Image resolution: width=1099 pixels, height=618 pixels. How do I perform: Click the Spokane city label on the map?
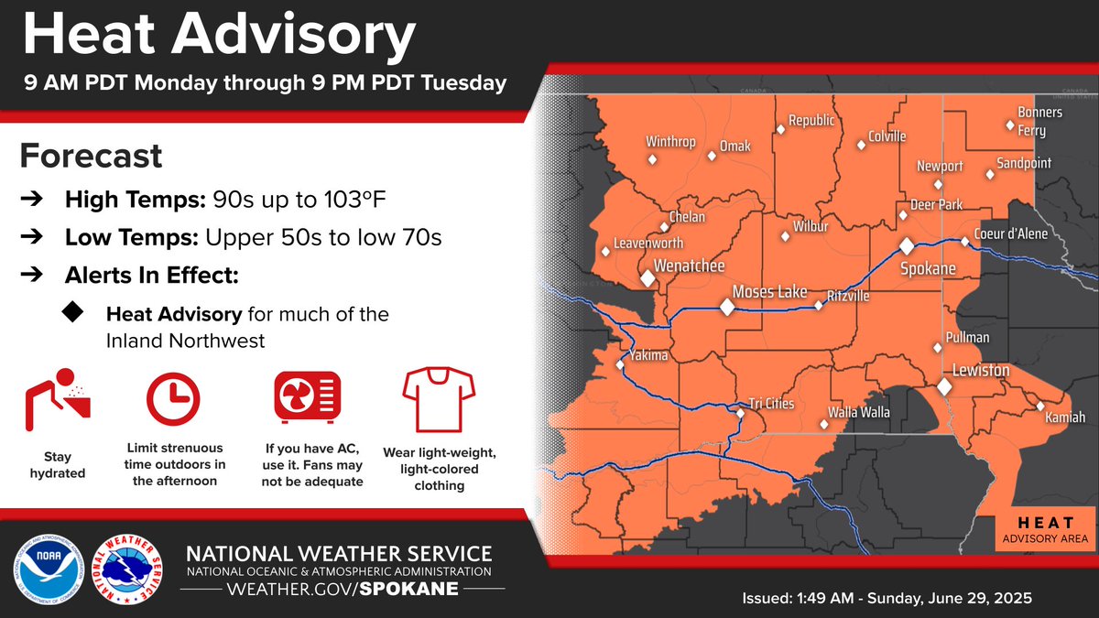tap(928, 269)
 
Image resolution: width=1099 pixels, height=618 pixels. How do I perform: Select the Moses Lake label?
tap(769, 292)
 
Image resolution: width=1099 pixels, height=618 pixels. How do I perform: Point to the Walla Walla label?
tap(858, 412)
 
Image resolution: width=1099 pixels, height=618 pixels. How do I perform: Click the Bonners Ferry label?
tap(1033, 121)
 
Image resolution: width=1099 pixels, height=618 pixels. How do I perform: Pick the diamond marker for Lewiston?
tap(944, 387)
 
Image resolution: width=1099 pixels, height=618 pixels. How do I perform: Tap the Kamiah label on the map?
tap(1065, 417)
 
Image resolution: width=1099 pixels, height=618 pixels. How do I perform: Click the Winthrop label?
tap(670, 142)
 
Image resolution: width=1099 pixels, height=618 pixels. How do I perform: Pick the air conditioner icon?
tap(309, 401)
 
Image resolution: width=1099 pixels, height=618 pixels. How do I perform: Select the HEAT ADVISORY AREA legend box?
tap(1044, 531)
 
